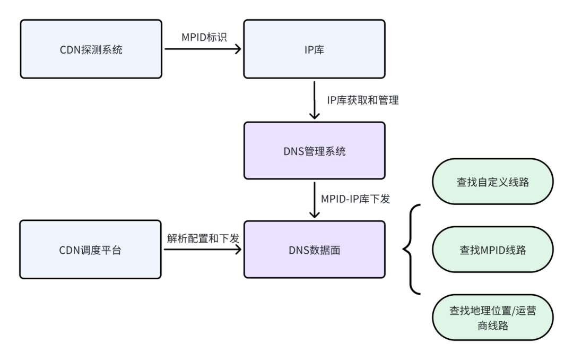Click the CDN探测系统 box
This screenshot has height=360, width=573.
pos(91,49)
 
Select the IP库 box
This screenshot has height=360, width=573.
pos(314,49)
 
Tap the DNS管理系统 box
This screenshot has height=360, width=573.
pos(314,151)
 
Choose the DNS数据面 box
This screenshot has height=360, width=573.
pos(314,250)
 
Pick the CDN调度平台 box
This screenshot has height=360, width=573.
pos(91,250)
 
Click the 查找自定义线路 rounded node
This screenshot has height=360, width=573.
pos(493,182)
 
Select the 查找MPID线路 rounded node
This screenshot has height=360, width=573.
pos(493,250)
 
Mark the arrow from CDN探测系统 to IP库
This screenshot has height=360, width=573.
pos(202,49)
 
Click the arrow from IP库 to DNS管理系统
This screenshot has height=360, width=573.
pos(315,100)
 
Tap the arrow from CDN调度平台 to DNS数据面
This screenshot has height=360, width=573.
pos(202,250)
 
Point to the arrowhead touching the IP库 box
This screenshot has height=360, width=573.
pos(238,49)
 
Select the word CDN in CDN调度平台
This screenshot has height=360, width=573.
pos(70,250)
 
